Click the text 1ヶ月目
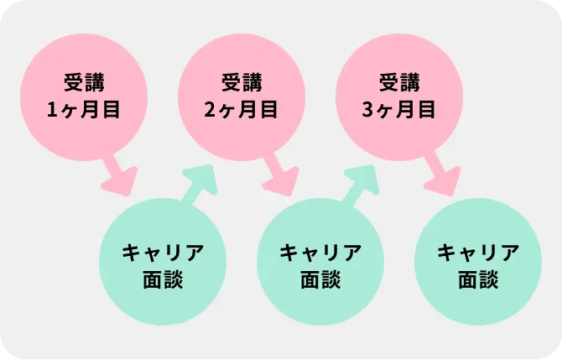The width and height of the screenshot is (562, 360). coord(84,109)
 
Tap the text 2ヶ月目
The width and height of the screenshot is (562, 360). coord(242,109)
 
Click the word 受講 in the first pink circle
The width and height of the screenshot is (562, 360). coord(84,82)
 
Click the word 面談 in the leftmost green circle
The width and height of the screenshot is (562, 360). coord(163,279)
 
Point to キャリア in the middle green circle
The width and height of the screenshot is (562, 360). coord(320,252)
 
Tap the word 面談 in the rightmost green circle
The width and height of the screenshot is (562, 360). coord(478,279)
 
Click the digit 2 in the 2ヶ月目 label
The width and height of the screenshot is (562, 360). coord(211,109)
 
